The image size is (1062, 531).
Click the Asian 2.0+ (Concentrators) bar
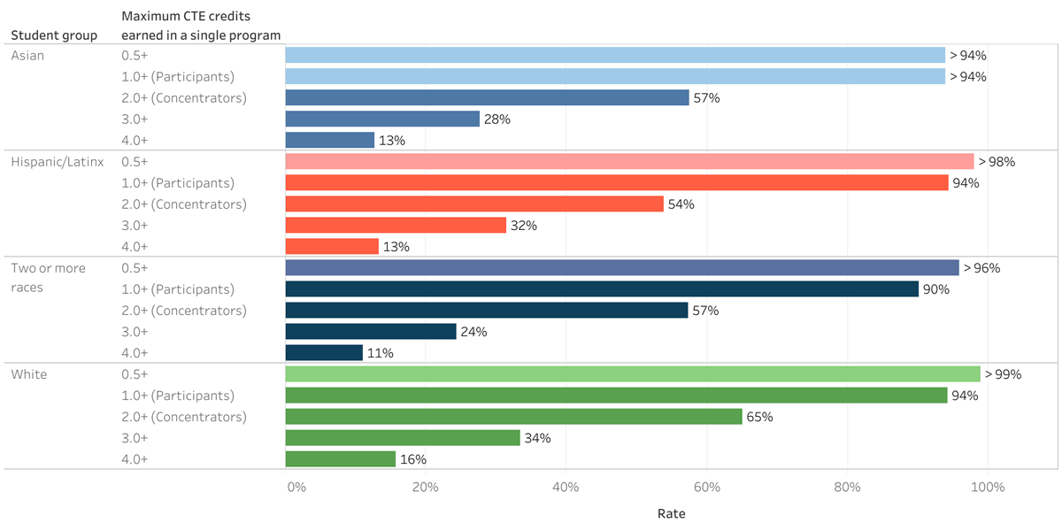coord(487,97)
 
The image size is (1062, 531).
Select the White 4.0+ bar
coord(341,459)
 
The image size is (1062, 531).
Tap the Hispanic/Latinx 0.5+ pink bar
coord(629,161)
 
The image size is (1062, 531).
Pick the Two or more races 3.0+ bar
coord(371,332)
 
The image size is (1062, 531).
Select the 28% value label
coord(497,119)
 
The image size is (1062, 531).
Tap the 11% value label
coord(381,353)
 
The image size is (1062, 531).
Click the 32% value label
coord(524,226)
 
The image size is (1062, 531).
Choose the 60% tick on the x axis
coord(706,488)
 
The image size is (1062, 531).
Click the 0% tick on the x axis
coord(296,488)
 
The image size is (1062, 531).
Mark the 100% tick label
coord(988,488)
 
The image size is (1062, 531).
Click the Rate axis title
coord(671,513)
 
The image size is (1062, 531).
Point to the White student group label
coord(29,374)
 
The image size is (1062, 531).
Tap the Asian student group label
coord(27,55)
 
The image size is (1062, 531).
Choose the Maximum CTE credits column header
coord(201,26)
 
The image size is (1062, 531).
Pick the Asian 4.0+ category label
coord(135,140)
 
